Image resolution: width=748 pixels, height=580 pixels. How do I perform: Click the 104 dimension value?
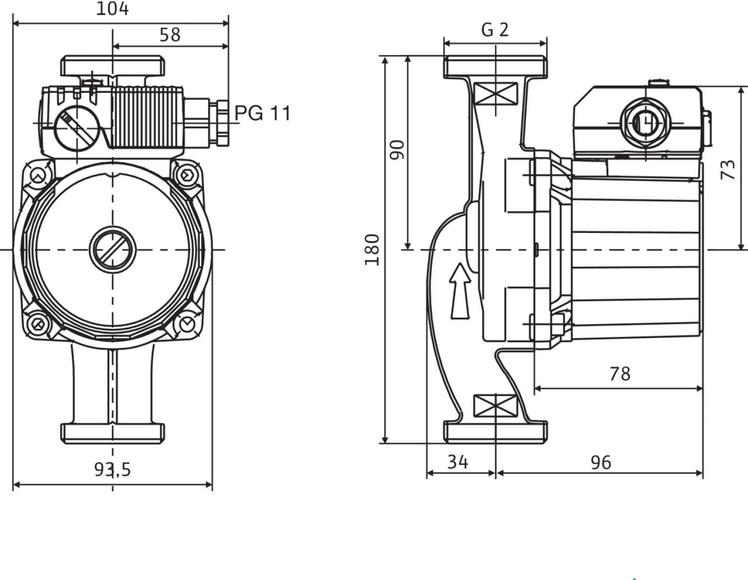pos(112,8)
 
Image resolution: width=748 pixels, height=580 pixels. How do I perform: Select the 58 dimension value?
pos(170,34)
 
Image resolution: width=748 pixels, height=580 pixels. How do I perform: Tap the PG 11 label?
pos(263,113)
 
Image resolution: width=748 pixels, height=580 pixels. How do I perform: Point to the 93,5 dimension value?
pos(112,469)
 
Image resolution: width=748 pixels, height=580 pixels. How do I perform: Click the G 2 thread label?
pos(495,30)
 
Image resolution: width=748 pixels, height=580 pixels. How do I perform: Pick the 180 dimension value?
pos(372,249)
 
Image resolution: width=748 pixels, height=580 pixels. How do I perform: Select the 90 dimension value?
pos(397,150)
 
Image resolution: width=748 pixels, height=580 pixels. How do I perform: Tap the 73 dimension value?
pos(729,170)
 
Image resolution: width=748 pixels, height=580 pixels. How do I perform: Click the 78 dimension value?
pos(620,373)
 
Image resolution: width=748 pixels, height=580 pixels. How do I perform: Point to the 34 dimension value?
pos(457,462)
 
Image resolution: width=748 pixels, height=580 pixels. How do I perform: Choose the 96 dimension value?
pos(600,462)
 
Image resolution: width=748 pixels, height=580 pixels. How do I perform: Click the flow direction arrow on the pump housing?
pos(460,291)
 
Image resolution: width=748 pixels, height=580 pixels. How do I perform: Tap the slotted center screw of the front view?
pos(113,249)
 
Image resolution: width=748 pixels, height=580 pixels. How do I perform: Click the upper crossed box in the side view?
pos(496,94)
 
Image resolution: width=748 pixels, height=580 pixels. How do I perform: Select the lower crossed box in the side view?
pos(495,405)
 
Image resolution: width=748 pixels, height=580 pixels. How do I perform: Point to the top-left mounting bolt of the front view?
pos(38,176)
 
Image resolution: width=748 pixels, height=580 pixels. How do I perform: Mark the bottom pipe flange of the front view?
pos(113,433)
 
